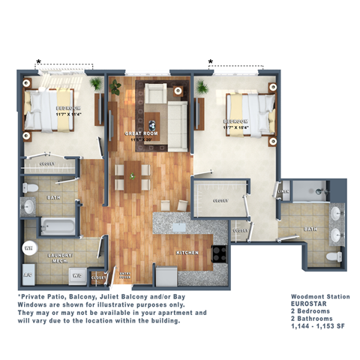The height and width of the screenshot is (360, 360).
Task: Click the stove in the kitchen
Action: click(x=220, y=253)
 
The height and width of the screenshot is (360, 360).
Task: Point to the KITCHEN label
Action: click(x=187, y=253)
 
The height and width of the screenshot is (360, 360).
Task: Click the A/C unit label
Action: click(x=28, y=274)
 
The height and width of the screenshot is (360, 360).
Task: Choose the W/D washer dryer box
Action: click(x=76, y=275)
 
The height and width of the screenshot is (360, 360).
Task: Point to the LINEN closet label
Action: click(x=283, y=192)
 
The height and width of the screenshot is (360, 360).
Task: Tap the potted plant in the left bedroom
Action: click(x=96, y=85)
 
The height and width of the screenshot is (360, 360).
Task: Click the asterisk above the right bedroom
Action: click(x=211, y=62)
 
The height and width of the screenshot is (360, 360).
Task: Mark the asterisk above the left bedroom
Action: click(x=39, y=62)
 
